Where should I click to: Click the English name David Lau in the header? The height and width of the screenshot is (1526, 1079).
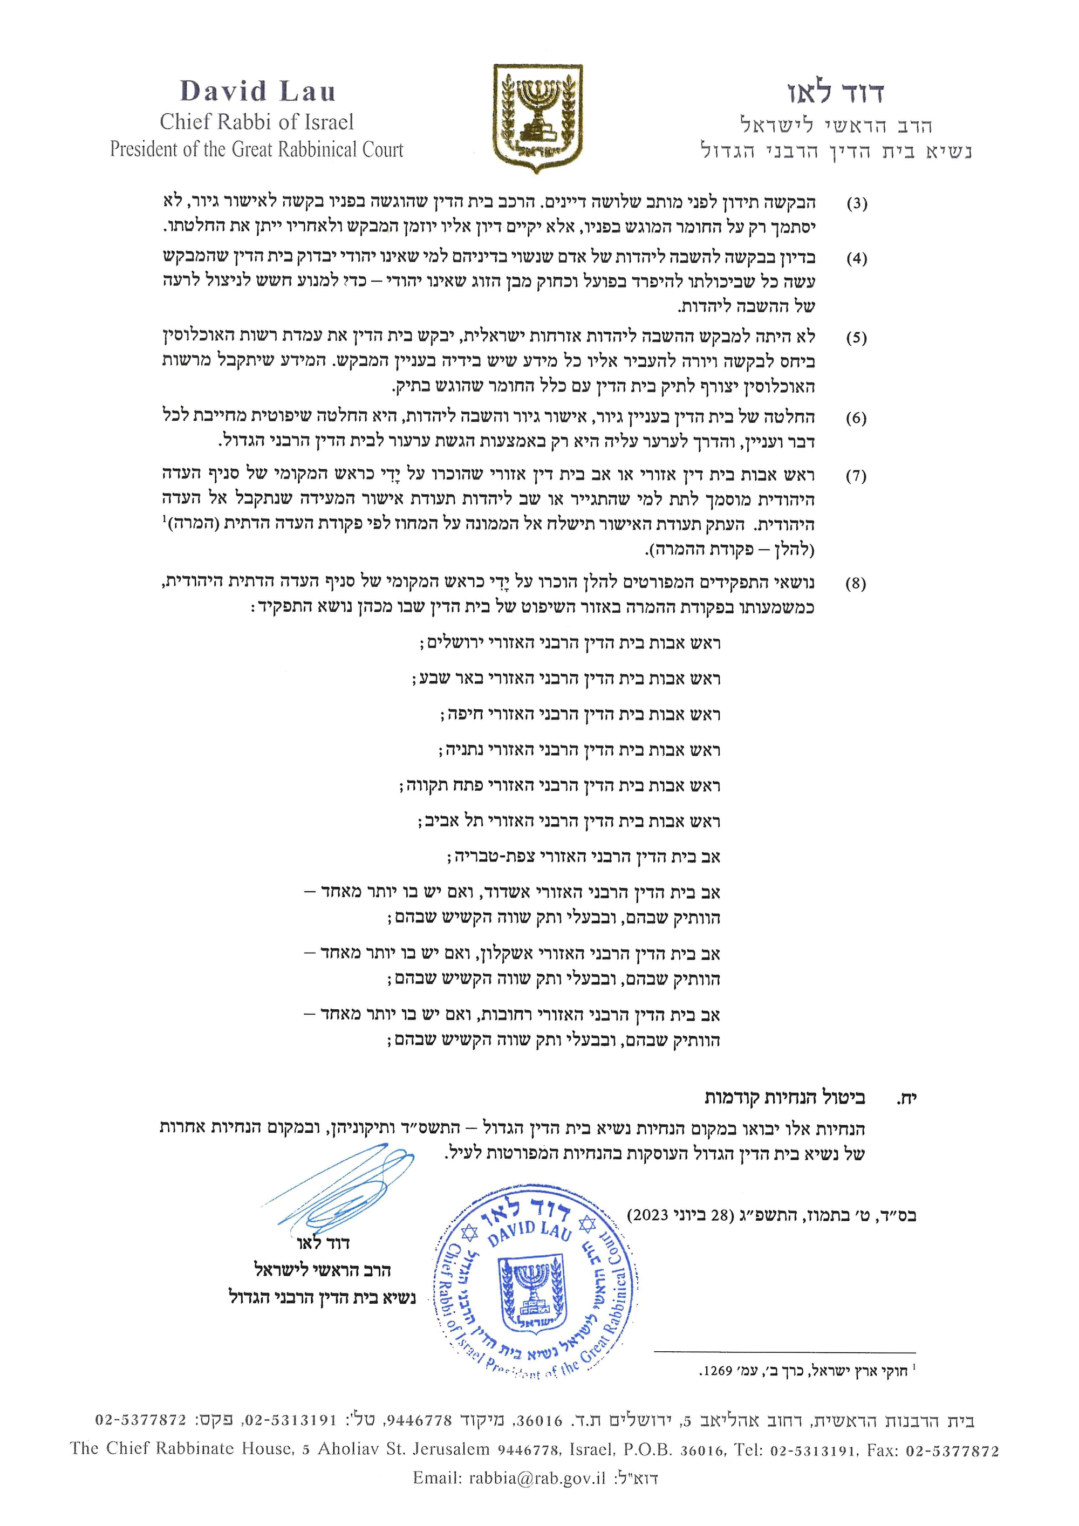pyautogui.click(x=258, y=92)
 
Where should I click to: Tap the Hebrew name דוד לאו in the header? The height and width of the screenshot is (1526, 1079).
pyautogui.click(x=835, y=93)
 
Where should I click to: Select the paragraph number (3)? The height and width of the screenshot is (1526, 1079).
pyautogui.click(x=856, y=203)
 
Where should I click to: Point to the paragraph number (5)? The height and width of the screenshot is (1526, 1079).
pyautogui.click(x=856, y=338)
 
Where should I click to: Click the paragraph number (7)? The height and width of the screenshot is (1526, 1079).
pyautogui.click(x=856, y=476)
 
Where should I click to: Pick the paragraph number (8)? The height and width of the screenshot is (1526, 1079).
pyautogui.click(x=856, y=584)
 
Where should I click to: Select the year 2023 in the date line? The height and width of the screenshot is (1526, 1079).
pyautogui.click(x=650, y=1216)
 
